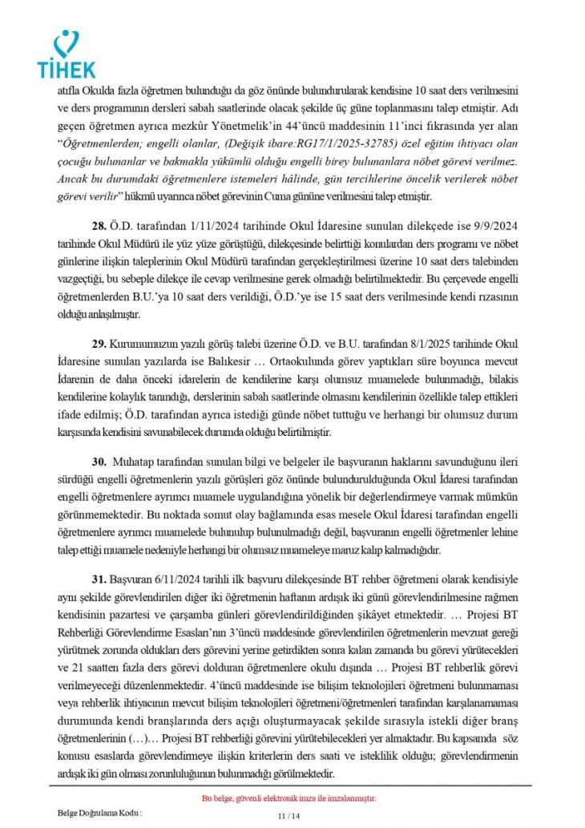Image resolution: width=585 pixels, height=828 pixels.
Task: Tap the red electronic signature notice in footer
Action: tap(289, 798)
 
